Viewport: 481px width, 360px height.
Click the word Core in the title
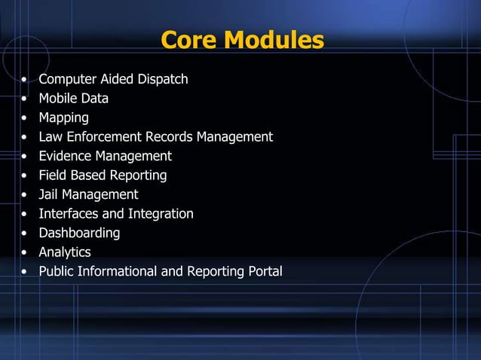tap(191, 40)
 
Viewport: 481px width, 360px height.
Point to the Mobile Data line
tap(74, 98)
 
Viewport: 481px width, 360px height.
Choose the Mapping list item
tap(64, 117)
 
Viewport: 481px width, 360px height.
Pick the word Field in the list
tap(53, 175)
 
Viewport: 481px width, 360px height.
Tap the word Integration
tap(161, 214)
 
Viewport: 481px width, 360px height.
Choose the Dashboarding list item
tap(80, 233)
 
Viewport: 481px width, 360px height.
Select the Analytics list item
tap(65, 252)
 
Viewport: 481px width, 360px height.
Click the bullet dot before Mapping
tap(26, 118)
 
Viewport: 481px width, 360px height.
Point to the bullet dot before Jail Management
tap(26, 195)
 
